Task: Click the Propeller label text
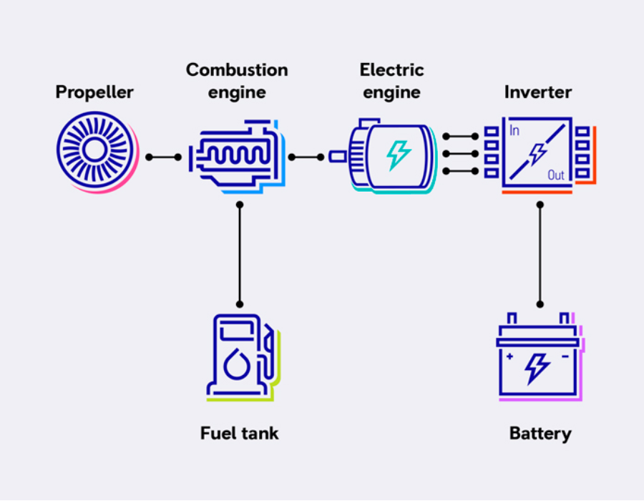[94, 92]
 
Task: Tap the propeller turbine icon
[94, 150]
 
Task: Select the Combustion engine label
[237, 81]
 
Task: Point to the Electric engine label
[391, 81]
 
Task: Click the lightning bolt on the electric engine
[399, 155]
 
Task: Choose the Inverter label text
[537, 92]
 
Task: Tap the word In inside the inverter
[514, 131]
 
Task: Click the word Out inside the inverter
[556, 175]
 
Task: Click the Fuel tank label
[239, 433]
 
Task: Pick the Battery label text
[540, 433]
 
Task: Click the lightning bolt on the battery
[537, 368]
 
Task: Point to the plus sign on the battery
[509, 356]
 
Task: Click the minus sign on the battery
[565, 356]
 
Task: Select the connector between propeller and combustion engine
[163, 157]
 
